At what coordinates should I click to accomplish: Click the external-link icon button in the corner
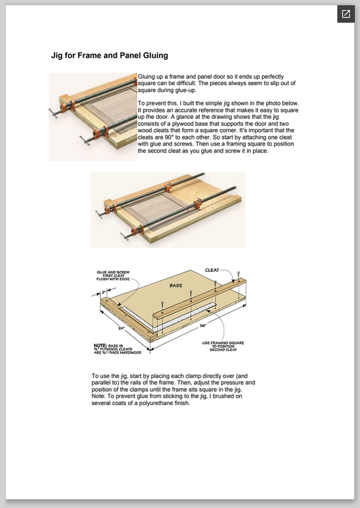click(x=346, y=14)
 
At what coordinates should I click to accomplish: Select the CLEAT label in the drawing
click(x=212, y=271)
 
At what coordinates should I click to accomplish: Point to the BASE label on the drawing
click(x=176, y=285)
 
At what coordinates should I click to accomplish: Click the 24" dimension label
click(x=121, y=328)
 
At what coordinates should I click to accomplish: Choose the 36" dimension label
click(x=203, y=326)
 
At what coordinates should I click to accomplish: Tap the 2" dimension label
click(x=103, y=292)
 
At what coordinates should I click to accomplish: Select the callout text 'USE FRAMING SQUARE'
click(x=223, y=343)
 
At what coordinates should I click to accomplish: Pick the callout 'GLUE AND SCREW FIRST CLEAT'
click(x=114, y=274)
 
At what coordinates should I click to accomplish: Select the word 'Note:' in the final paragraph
click(x=99, y=396)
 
